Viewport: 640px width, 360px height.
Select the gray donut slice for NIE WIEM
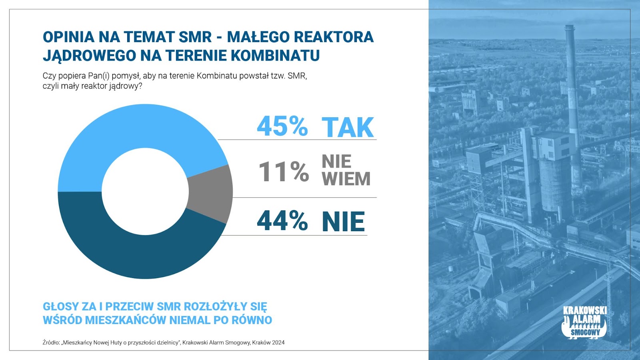pos(212,192)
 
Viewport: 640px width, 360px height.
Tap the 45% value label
pos(282,126)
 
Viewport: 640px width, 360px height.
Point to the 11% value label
pos(284,172)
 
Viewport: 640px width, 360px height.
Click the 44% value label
pos(282,220)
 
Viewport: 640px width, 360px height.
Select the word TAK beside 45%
pos(348,127)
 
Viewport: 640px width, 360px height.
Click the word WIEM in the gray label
pos(346,179)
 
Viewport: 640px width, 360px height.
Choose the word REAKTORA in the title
pos(334,37)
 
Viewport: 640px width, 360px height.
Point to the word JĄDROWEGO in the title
pos(90,56)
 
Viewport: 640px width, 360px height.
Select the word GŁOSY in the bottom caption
pos(60,306)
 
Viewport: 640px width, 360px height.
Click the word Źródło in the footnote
pos(51,342)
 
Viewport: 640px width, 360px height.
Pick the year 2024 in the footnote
pos(278,342)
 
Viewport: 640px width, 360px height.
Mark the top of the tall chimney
pos(570,26)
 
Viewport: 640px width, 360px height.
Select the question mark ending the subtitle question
pos(140,86)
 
